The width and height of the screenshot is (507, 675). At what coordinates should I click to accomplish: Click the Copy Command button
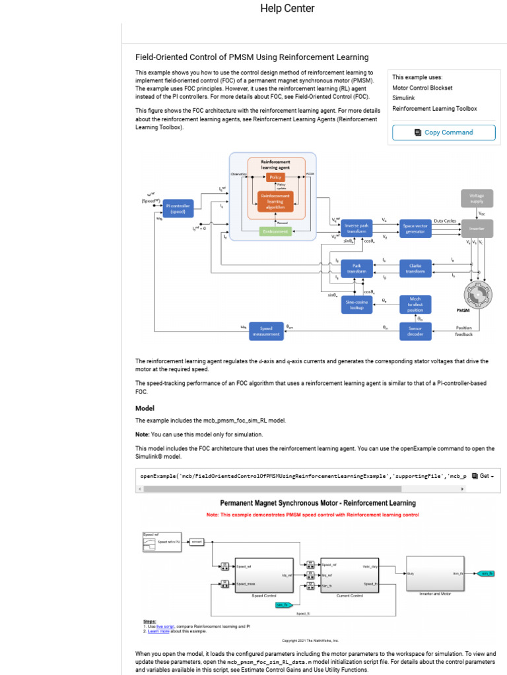tap(444, 132)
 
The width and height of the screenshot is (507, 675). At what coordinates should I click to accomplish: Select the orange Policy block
tap(275, 177)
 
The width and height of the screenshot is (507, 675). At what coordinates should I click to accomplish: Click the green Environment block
tap(275, 231)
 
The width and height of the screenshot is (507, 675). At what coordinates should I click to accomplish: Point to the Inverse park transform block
tap(356, 227)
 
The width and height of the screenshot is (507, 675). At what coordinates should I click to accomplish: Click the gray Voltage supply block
tap(476, 198)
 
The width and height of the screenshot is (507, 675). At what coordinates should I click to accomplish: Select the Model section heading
tap(145, 408)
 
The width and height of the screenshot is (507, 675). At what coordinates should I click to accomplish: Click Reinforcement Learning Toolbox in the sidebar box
tap(434, 109)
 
